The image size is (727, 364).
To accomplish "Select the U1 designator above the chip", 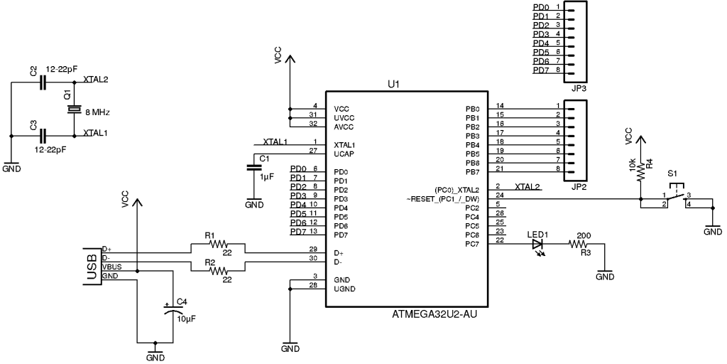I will click(x=394, y=84).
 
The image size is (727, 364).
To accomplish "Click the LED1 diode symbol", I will click(x=539, y=244).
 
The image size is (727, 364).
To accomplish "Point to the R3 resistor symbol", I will click(x=584, y=244).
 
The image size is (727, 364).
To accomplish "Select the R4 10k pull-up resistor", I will click(x=640, y=171).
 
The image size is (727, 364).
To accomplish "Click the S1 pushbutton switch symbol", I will click(x=676, y=196).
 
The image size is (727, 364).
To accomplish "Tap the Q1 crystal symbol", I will click(x=74, y=109).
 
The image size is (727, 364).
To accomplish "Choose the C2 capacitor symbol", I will click(x=43, y=82).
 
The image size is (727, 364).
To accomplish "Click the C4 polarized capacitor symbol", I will click(x=171, y=309).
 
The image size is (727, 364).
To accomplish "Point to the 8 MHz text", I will click(x=97, y=112).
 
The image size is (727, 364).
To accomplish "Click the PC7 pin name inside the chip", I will click(x=472, y=244).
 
